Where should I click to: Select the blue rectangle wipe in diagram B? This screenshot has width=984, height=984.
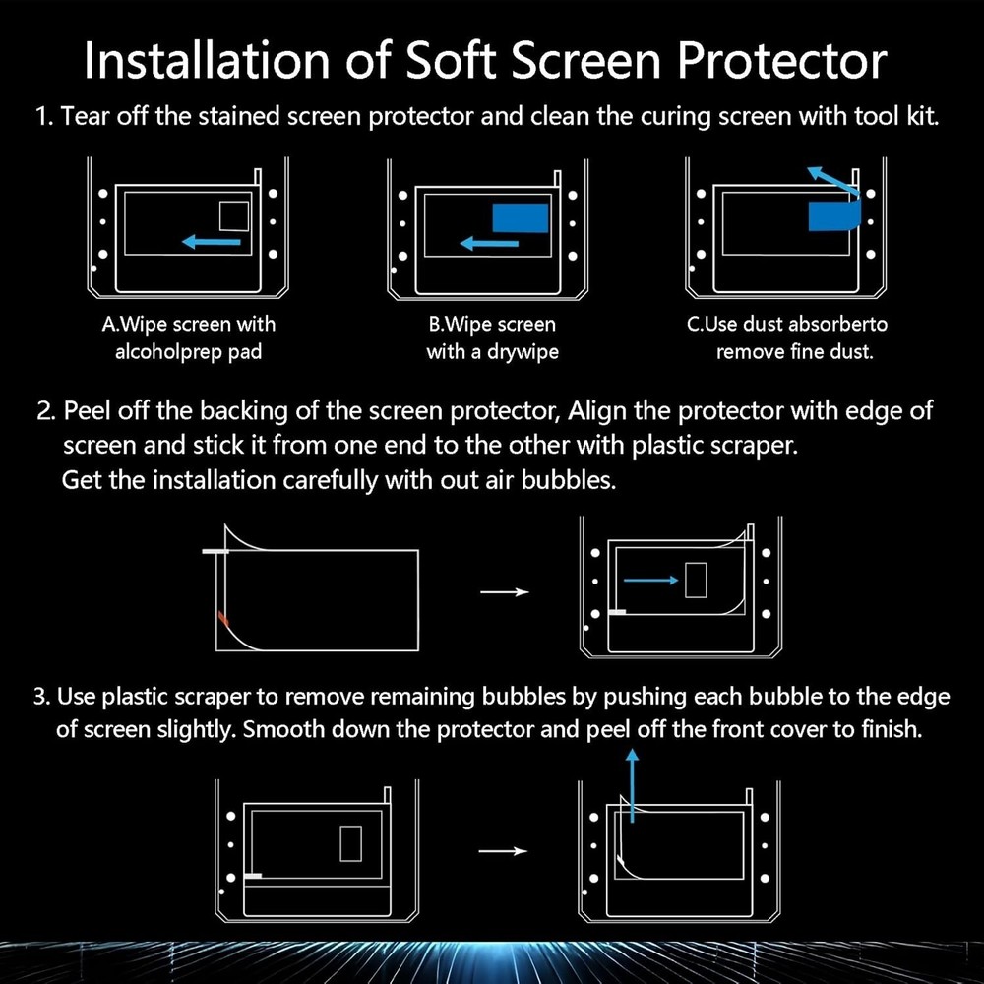(x=521, y=217)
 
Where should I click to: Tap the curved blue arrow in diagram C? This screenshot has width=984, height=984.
(x=831, y=184)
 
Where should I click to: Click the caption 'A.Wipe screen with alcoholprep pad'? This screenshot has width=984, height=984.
(x=189, y=338)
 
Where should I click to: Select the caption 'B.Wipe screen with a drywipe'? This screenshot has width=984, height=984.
(x=491, y=338)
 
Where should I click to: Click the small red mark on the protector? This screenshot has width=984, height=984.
(x=223, y=619)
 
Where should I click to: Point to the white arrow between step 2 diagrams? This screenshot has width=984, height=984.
(x=504, y=591)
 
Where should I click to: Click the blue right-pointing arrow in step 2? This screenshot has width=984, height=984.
(x=650, y=581)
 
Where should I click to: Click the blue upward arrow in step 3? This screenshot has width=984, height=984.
(x=632, y=781)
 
